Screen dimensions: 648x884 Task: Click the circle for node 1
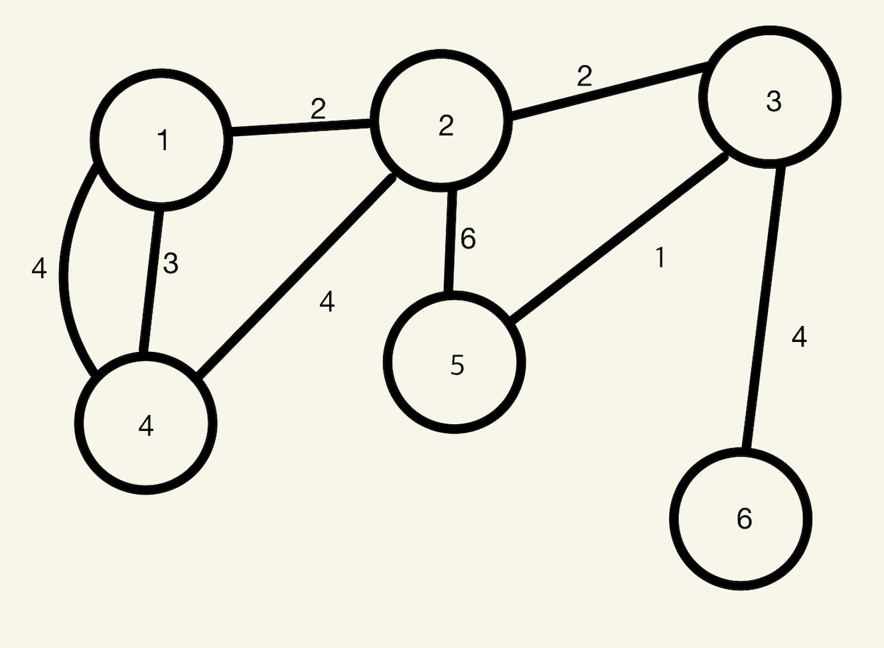pos(162,139)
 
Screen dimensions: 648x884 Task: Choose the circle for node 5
pos(455,363)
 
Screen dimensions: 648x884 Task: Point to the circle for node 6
pos(741,519)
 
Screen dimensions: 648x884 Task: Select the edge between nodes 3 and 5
pos(617,240)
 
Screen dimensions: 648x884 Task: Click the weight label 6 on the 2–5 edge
pos(468,239)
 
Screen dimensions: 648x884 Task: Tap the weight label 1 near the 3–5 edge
pos(660,258)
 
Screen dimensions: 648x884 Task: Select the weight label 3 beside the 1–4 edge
pos(171,264)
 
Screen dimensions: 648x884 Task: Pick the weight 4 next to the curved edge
pos(39,268)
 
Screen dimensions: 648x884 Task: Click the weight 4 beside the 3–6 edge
pos(799,337)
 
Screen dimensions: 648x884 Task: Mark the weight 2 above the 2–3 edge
pos(584,77)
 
